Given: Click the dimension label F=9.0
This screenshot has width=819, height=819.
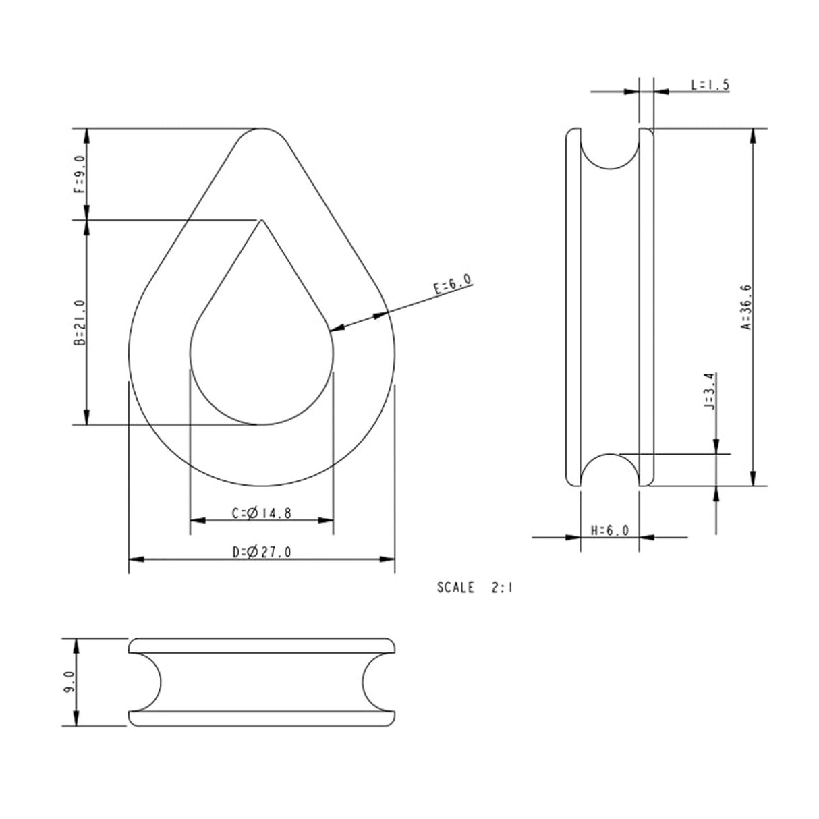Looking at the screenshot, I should [79, 174].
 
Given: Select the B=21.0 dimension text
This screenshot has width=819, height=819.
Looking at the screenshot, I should [79, 323].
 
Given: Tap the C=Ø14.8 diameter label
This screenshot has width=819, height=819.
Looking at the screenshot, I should [262, 513].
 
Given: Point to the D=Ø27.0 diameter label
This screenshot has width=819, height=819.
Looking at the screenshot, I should [262, 553].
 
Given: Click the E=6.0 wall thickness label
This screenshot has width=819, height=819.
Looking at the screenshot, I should [453, 285].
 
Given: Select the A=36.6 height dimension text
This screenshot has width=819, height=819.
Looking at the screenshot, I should [746, 306].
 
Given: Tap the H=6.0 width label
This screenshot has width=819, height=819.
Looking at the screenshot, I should [610, 530].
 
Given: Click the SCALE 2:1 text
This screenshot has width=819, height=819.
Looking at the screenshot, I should [475, 588].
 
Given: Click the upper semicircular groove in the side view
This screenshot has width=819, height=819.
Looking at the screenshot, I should [609, 150].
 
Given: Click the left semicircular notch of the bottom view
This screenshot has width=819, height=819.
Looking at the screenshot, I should [150, 682].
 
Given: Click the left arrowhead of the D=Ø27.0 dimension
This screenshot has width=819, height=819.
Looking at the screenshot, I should [133, 559].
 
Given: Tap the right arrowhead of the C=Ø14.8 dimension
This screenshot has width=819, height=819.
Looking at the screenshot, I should [329, 520].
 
